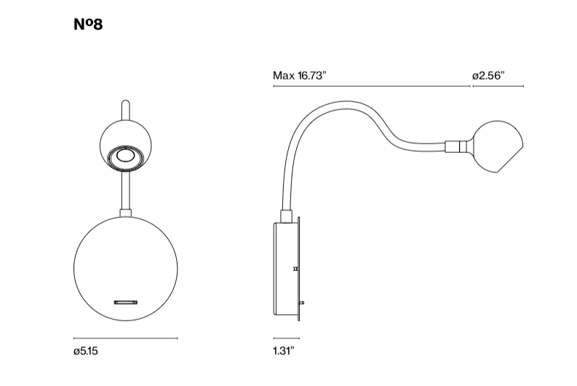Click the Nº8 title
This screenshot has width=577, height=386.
(x=88, y=24)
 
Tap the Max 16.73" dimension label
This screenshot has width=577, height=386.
(x=300, y=76)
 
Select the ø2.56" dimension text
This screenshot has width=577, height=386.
(x=488, y=76)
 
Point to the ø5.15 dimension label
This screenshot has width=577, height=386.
(x=86, y=351)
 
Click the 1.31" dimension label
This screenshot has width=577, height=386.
(x=284, y=350)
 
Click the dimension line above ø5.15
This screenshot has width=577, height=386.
(x=125, y=338)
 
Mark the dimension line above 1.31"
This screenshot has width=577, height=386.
(x=286, y=338)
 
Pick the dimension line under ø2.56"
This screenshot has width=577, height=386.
(x=498, y=86)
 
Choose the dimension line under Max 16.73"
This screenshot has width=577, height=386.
(x=372, y=86)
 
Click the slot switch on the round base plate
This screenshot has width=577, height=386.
(x=125, y=302)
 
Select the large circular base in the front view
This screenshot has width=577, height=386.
(x=125, y=269)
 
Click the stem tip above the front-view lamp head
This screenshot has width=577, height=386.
(x=125, y=102)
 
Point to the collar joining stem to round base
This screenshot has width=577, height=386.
(x=125, y=213)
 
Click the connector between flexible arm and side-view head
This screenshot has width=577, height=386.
(x=456, y=146)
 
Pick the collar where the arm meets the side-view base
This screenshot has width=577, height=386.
(x=286, y=216)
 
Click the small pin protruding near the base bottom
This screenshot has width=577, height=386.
(x=302, y=303)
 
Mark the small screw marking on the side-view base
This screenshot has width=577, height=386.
(x=295, y=269)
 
